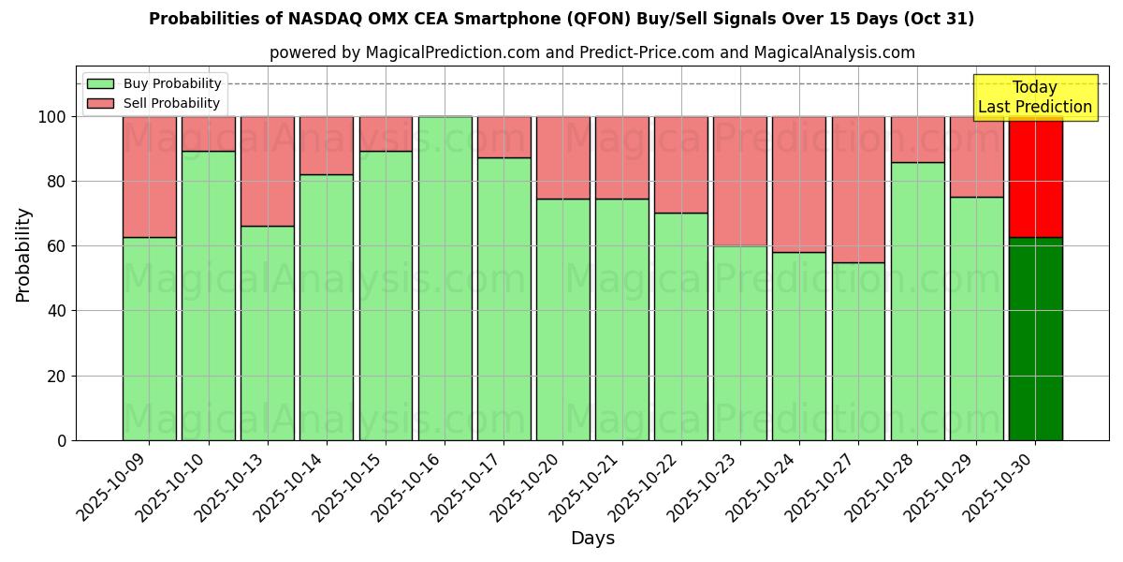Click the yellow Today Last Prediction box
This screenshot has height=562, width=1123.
[x=1034, y=97]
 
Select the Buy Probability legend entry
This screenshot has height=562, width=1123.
[x=172, y=83]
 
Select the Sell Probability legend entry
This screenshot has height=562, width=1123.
[x=171, y=103]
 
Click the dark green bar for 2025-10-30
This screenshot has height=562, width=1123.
[x=1035, y=338]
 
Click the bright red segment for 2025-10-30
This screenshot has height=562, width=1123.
[x=1035, y=176]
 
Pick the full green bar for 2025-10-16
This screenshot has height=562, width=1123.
[x=445, y=278]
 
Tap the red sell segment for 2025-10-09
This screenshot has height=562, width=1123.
[x=149, y=176]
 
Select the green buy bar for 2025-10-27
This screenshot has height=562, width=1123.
[x=858, y=351]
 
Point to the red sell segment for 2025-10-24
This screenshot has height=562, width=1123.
[x=799, y=184]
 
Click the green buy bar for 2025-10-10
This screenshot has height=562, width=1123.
[x=208, y=295]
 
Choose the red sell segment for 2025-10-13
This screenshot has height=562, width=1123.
[x=268, y=170]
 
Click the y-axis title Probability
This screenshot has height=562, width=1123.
[x=23, y=255]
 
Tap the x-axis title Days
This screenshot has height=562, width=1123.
[x=592, y=539]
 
